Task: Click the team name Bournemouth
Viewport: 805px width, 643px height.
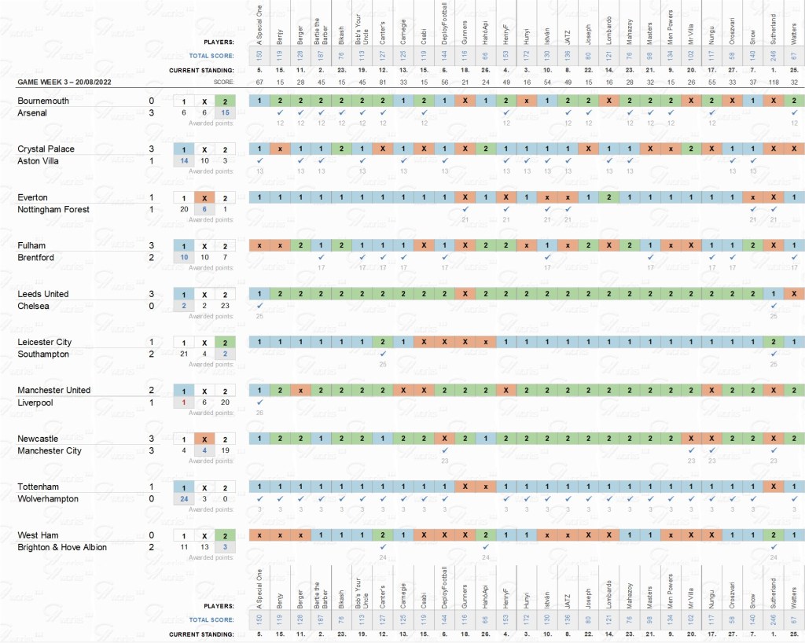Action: tap(43, 101)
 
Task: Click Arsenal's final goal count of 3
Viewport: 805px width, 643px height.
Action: tap(151, 113)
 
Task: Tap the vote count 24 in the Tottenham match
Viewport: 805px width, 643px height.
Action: tap(183, 498)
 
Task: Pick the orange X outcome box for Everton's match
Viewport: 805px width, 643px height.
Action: tap(204, 197)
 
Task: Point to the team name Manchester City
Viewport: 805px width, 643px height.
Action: tap(50, 450)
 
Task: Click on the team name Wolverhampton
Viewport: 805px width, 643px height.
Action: tap(49, 498)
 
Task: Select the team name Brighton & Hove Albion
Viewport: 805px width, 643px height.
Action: tap(63, 547)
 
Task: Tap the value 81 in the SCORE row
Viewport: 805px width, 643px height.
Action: tap(382, 82)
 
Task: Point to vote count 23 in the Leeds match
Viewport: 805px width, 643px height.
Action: tap(225, 306)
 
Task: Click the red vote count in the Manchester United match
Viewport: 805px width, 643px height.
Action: tap(183, 402)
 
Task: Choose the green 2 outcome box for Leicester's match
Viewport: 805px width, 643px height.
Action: tap(225, 342)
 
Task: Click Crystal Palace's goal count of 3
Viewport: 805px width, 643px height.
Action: tap(151, 149)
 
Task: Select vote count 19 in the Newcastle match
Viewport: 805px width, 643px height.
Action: tap(225, 450)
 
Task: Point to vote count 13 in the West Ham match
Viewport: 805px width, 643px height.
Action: tap(204, 547)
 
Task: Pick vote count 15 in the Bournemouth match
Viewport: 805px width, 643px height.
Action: tap(225, 113)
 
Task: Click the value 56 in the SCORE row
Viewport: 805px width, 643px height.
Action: tap(444, 82)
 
